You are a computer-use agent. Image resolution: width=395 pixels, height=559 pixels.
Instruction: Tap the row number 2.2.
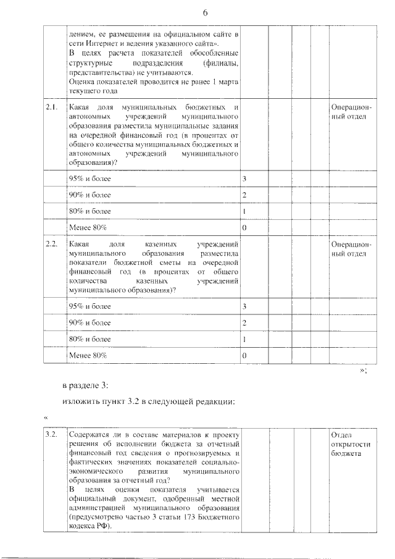click(52, 244)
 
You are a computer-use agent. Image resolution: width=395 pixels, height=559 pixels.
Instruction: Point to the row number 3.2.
click(52, 435)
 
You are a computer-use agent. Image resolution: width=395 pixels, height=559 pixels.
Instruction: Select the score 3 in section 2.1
click(244, 179)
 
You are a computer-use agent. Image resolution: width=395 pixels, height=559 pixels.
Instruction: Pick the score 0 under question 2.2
click(244, 356)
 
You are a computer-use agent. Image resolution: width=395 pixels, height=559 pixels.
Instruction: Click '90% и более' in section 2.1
click(90, 195)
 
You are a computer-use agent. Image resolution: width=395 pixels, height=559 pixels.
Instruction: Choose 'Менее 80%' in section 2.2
click(88, 356)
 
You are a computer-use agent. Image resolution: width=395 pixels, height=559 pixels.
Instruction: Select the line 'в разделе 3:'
click(85, 385)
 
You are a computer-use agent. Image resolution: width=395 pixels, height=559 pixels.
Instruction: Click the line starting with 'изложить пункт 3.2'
click(148, 402)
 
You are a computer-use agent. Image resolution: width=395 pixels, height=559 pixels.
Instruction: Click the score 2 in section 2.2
click(244, 323)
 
